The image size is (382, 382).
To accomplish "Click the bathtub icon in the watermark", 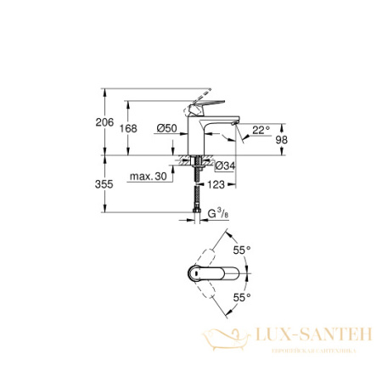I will (222, 339).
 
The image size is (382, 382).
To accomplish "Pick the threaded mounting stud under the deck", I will (198, 174).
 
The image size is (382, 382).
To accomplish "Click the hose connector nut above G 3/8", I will (198, 212).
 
